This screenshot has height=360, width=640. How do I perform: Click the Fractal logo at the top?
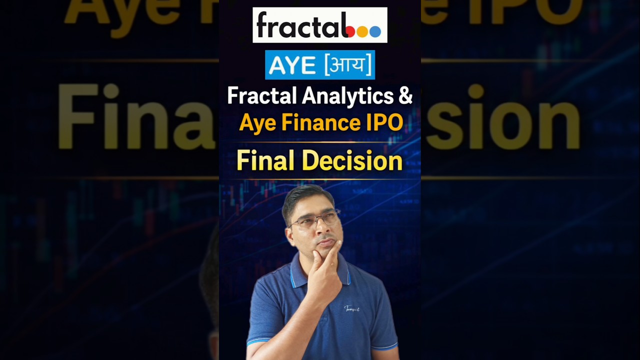[319, 25]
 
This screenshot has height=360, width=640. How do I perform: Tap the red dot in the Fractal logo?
[350, 31]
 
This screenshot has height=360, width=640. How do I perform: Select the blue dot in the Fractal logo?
[375, 31]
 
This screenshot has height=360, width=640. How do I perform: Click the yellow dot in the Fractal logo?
[363, 31]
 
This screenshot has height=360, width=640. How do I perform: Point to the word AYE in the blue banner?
[290, 64]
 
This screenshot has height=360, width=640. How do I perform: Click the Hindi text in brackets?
[347, 64]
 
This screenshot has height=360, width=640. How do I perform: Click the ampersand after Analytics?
[405, 95]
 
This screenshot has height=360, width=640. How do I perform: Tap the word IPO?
[386, 122]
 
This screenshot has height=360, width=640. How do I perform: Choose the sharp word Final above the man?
[265, 161]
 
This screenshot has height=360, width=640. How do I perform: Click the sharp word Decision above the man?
[352, 161]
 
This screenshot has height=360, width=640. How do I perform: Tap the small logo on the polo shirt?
[352, 308]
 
